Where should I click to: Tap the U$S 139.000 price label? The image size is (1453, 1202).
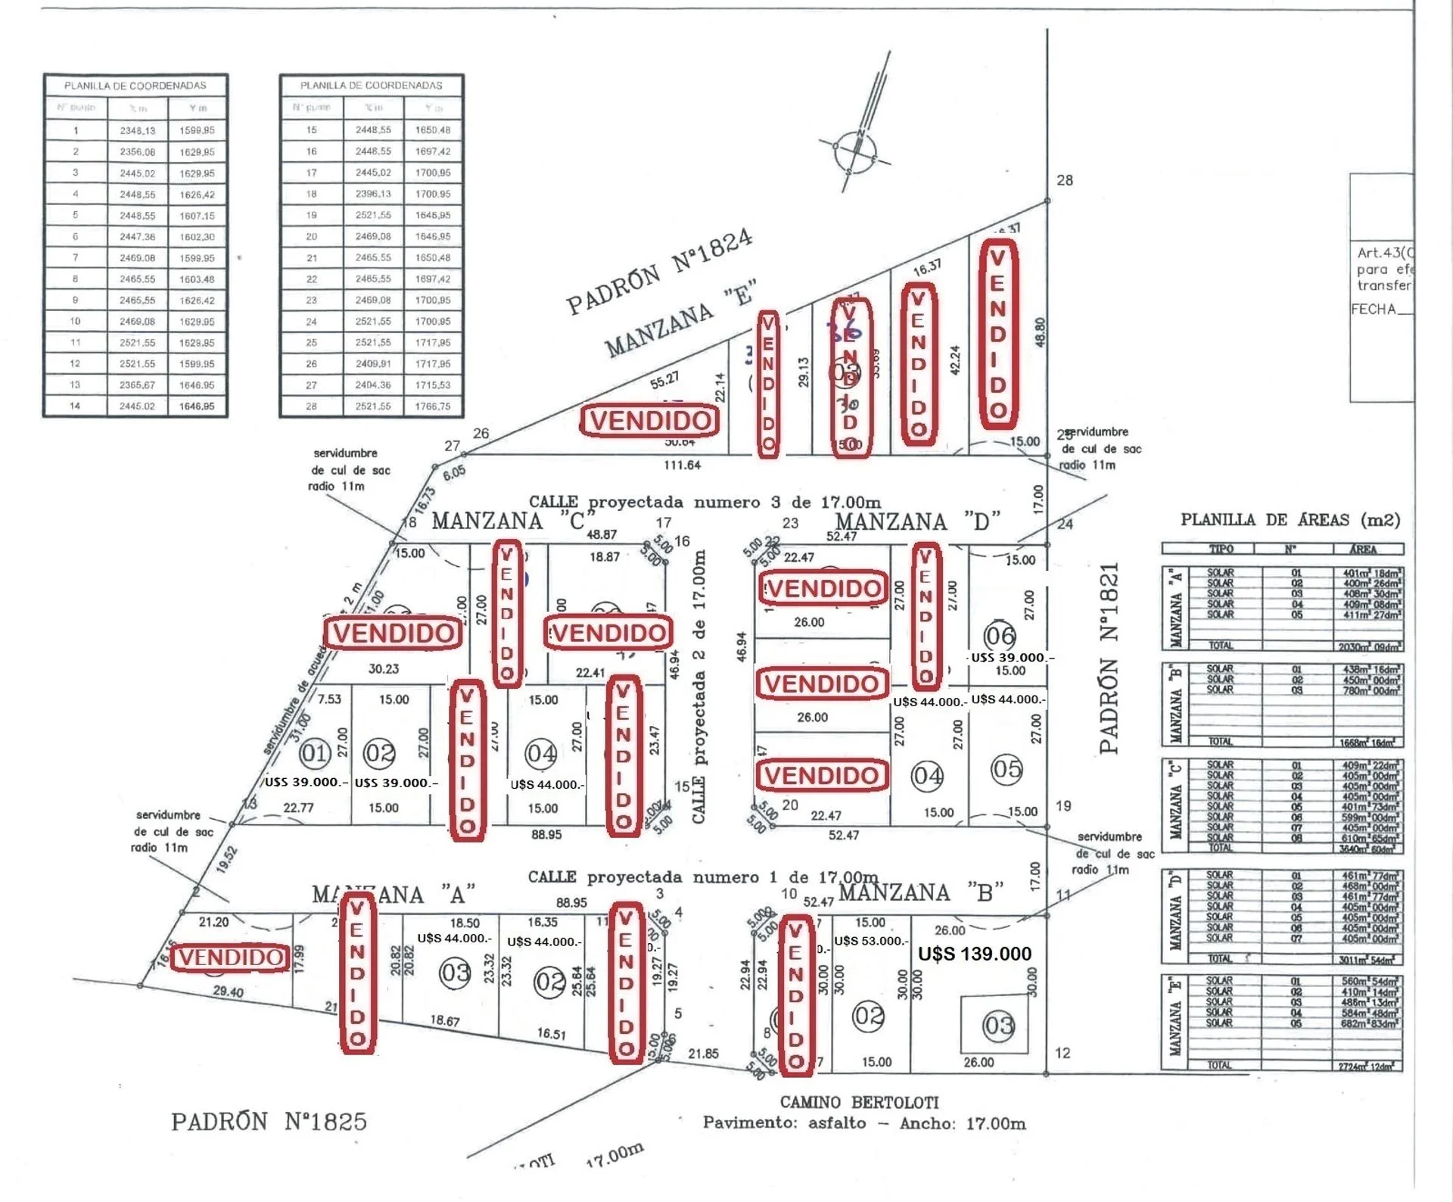(x=974, y=954)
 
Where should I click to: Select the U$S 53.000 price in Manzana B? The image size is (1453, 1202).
(x=870, y=941)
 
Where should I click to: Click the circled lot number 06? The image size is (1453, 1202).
(x=999, y=635)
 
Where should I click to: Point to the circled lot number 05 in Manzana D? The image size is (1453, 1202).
(x=1007, y=770)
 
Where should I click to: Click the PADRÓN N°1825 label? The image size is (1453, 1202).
(x=269, y=1121)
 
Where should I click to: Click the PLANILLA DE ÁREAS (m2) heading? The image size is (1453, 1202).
(x=1290, y=520)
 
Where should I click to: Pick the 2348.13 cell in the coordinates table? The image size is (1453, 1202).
(x=137, y=130)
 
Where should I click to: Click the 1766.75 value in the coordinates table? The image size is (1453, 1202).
(x=432, y=406)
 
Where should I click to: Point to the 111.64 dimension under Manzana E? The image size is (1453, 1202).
(x=682, y=465)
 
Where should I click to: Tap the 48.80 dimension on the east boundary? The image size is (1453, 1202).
(x=1041, y=332)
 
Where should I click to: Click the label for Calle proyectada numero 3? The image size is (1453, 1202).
(x=705, y=502)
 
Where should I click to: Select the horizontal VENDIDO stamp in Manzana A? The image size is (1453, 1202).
(x=230, y=958)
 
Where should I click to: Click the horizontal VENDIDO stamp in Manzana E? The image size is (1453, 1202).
(x=650, y=421)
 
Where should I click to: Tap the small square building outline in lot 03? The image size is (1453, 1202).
(x=994, y=1025)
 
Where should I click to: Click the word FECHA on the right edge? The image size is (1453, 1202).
(x=1373, y=309)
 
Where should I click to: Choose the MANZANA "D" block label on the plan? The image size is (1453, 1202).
(x=917, y=522)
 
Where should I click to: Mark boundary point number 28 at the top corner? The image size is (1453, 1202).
(x=1064, y=180)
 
